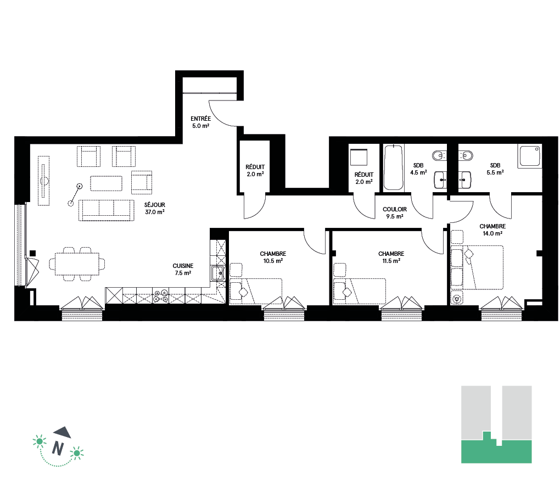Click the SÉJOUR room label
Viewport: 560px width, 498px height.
(155, 205)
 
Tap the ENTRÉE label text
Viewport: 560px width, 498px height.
(201, 119)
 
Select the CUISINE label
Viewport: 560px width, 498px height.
(183, 266)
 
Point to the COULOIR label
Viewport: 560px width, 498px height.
(395, 209)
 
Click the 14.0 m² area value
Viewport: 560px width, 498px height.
(492, 233)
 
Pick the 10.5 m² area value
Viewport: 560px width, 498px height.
(273, 261)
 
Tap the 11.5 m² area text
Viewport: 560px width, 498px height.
(391, 261)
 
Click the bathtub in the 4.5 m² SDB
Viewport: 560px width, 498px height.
(393, 167)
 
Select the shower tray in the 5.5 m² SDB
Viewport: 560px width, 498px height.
(530, 156)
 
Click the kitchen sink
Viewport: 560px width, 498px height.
(217, 273)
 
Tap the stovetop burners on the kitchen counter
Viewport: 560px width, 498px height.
(161, 296)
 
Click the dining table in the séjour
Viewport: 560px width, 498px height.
(77, 264)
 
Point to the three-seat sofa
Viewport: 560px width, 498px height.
(106, 210)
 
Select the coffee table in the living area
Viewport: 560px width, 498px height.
(106, 183)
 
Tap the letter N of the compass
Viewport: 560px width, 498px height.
(58, 448)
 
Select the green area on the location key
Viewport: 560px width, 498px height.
(496, 450)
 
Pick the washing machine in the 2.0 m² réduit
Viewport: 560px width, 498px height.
(359, 157)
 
